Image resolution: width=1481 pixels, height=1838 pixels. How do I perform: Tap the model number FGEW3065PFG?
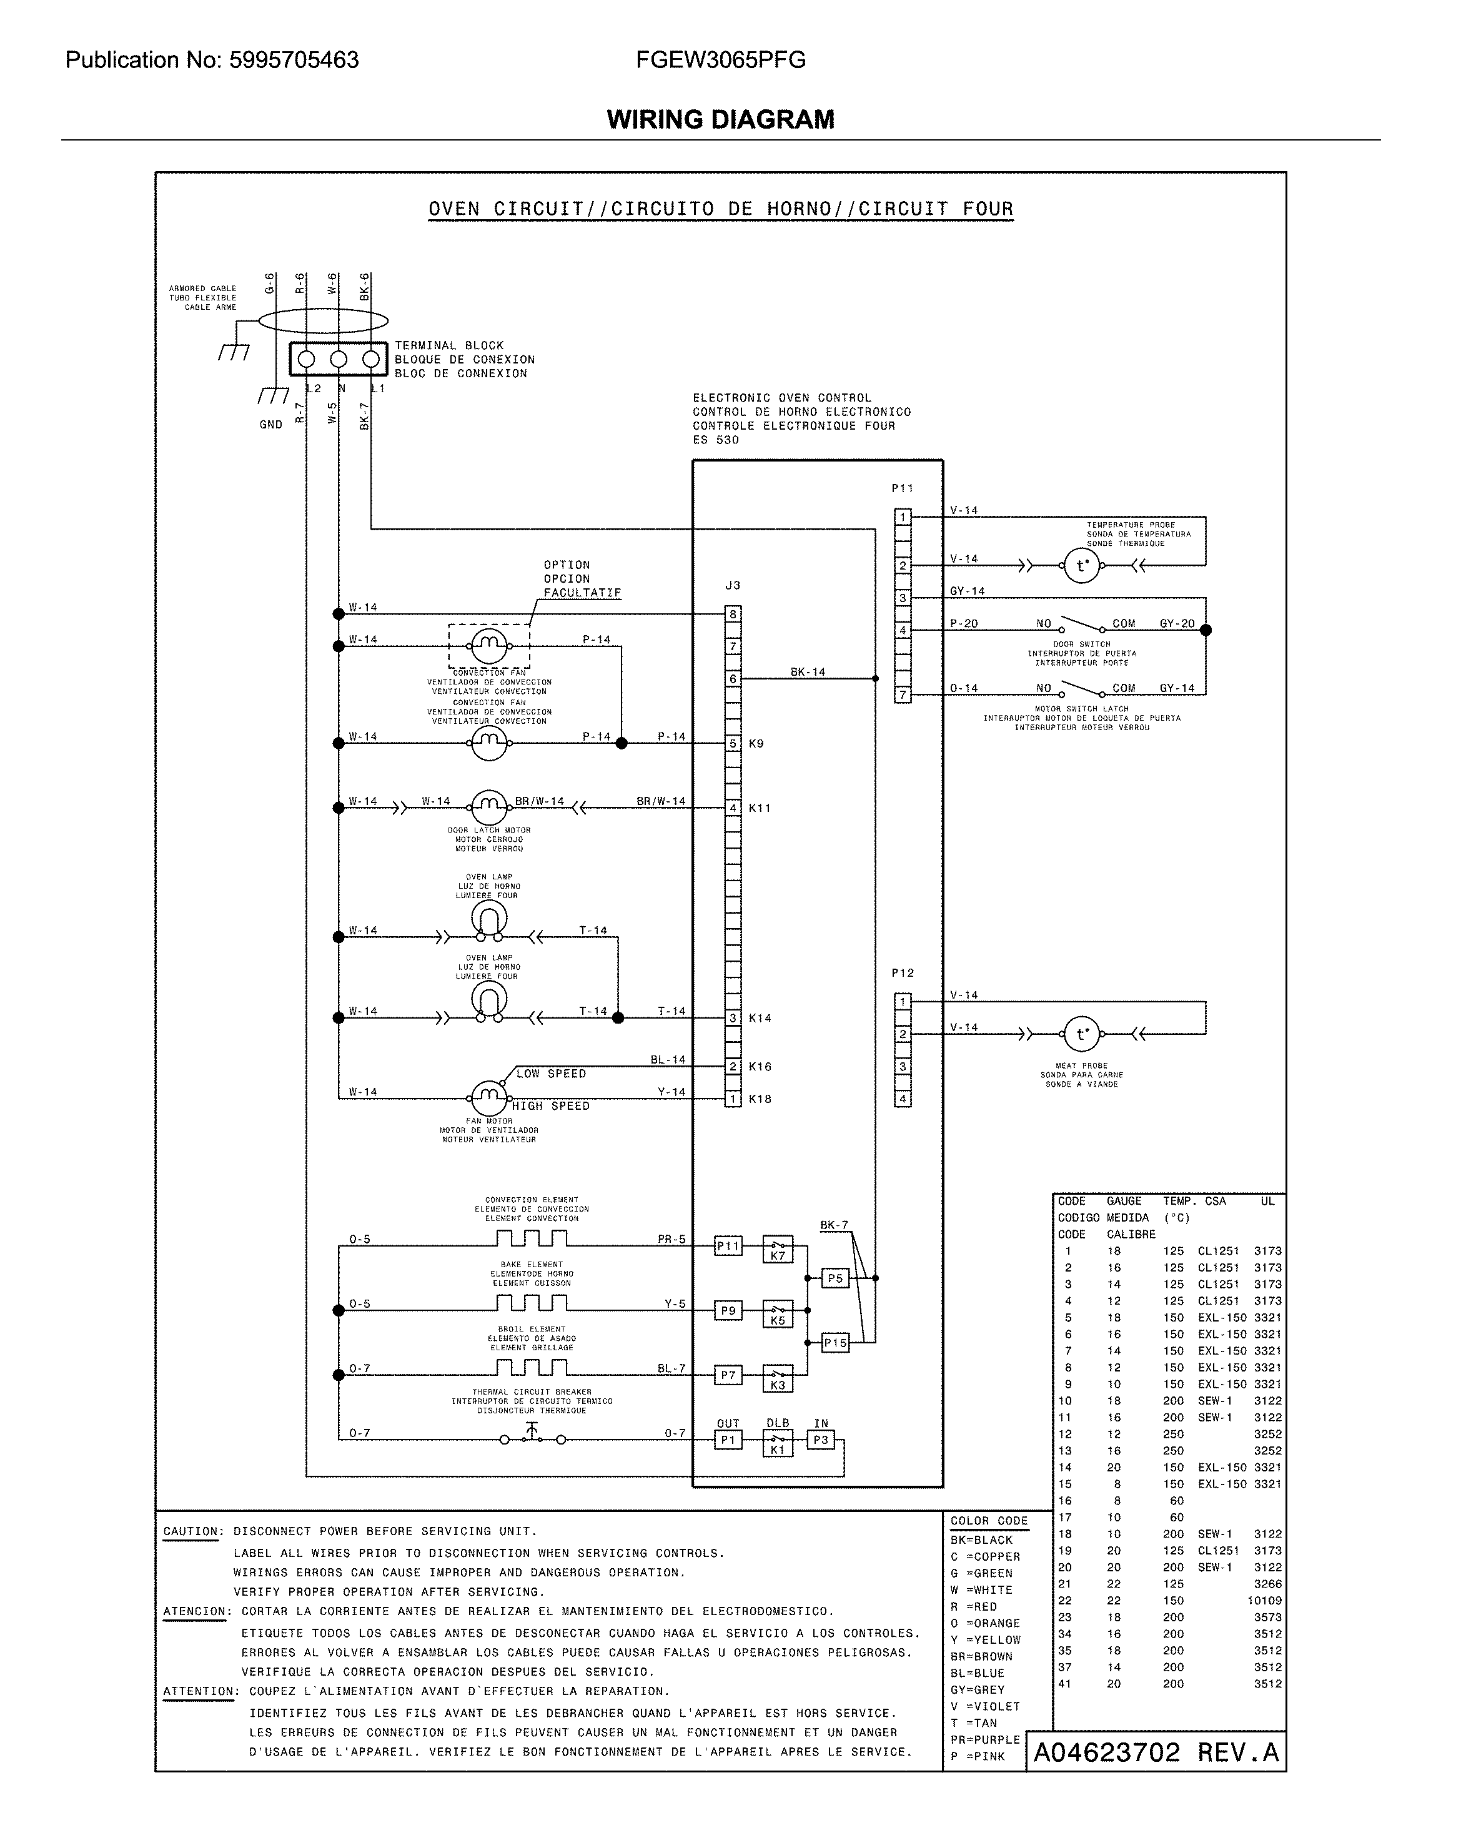coord(720,60)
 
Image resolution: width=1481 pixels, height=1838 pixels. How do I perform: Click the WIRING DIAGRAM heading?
coord(720,119)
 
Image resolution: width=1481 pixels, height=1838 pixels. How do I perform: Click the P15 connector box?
coord(835,1343)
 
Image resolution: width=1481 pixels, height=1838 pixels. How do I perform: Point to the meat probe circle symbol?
coord(1082,1035)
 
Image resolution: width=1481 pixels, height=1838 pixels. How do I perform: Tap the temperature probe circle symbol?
coord(1082,565)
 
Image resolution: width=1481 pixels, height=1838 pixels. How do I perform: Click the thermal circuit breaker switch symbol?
coord(532,1438)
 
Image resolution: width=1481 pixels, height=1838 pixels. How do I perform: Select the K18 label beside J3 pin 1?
coord(760,1099)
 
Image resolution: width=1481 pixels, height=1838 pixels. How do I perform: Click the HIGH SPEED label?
coord(551,1106)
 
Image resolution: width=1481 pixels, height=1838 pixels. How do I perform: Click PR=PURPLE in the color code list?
coord(984,1739)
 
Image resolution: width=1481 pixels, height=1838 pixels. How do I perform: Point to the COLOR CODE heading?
coord(989,1521)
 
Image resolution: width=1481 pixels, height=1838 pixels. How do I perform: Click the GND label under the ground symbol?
coord(270,425)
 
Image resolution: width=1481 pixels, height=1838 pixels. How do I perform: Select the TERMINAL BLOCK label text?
coord(448,345)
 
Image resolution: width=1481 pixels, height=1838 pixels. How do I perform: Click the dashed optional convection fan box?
coord(489,646)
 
